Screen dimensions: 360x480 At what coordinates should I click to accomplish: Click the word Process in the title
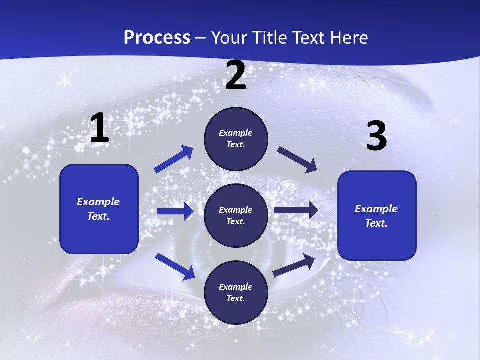click(157, 38)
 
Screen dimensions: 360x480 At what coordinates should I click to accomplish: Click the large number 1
click(99, 128)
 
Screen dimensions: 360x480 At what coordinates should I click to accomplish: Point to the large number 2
click(236, 76)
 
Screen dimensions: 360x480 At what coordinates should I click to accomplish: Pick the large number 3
click(376, 136)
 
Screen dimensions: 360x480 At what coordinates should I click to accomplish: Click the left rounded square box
click(99, 209)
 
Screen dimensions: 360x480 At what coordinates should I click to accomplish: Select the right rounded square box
click(377, 216)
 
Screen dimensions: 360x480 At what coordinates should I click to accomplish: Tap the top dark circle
click(236, 139)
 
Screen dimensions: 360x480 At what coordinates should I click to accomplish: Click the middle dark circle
click(236, 216)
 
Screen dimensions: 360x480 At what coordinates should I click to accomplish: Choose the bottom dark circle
click(236, 292)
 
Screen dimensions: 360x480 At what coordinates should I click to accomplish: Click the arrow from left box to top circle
click(174, 159)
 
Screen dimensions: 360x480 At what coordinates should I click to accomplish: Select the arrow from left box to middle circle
click(175, 211)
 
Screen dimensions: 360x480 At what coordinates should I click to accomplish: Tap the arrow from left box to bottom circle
click(175, 266)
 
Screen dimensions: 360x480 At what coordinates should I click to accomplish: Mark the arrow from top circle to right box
click(297, 160)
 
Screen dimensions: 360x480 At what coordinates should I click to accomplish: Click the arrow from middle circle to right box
click(296, 210)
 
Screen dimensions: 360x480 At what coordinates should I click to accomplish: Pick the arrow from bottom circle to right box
click(294, 265)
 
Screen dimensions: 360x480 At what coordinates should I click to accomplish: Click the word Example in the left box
click(98, 202)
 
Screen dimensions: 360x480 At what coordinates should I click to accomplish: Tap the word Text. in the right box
click(376, 223)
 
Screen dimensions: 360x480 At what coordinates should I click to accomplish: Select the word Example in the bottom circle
click(235, 287)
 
